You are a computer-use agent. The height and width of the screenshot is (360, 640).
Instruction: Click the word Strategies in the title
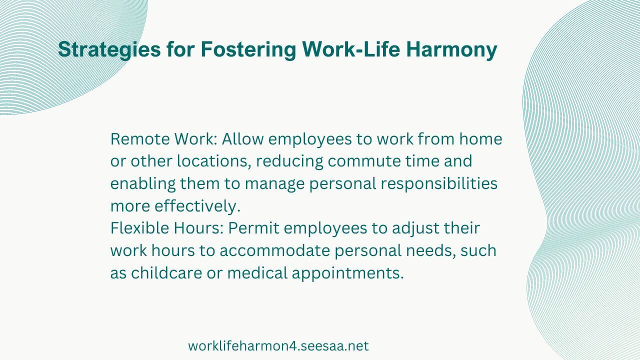pos(109,50)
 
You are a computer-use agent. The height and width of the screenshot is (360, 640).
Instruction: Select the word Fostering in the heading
pos(248,50)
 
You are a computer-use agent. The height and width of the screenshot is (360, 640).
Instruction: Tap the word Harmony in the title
pos(451,50)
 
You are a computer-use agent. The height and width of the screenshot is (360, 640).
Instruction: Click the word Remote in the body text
pos(140,139)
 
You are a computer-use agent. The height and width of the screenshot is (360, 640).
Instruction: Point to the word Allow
pos(242,139)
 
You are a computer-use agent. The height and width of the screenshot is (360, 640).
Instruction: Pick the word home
pos(480,139)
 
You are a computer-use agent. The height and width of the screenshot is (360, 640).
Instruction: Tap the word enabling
pos(143,183)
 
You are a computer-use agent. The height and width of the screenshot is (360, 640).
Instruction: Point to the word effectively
pos(197,206)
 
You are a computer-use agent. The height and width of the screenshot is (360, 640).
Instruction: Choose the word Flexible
pos(139,228)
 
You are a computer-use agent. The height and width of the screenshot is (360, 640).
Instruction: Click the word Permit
pos(253,228)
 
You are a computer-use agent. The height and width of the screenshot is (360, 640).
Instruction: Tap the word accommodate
pos(275,250)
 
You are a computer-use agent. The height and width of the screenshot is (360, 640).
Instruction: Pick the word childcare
pos(167,273)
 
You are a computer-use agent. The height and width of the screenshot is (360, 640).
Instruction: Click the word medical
pos(257,273)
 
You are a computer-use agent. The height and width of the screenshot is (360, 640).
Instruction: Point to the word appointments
pos(347,273)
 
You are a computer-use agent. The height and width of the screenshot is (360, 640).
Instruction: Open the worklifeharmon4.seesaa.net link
pos(278,346)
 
